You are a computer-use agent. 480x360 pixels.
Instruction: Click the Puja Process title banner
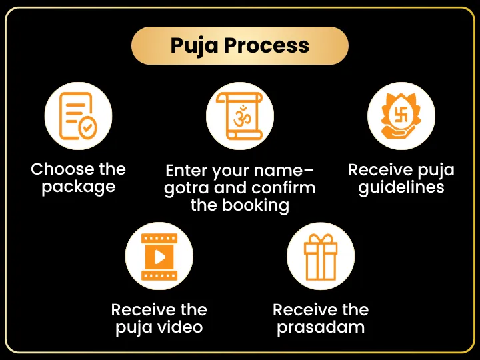click(240, 45)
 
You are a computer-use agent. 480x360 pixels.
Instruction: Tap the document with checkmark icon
click(78, 116)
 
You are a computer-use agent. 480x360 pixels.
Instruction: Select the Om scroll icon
click(240, 116)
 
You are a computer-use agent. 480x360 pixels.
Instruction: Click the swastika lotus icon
click(401, 116)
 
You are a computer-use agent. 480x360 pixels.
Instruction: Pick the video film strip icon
click(159, 257)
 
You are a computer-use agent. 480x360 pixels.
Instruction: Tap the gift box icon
click(321, 257)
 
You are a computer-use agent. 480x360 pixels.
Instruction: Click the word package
click(79, 187)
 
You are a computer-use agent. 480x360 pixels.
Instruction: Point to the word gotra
click(187, 188)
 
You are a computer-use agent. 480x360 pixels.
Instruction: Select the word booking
click(255, 205)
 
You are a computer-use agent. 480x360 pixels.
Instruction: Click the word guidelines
click(401, 187)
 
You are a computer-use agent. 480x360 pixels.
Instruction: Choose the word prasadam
click(321, 327)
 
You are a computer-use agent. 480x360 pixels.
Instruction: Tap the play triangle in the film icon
click(159, 257)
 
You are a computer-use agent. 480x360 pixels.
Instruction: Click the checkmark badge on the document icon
click(87, 127)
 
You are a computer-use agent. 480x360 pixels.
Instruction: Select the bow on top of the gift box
click(321, 239)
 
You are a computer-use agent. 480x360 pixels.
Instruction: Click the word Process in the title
click(266, 45)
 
